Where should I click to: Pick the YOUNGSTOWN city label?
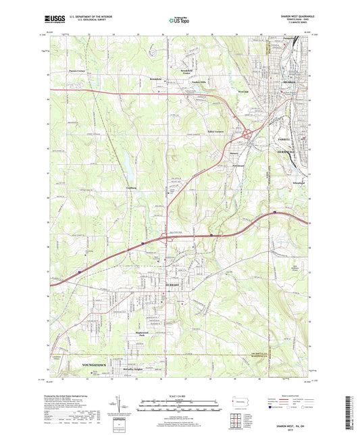[x=95, y=364]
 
